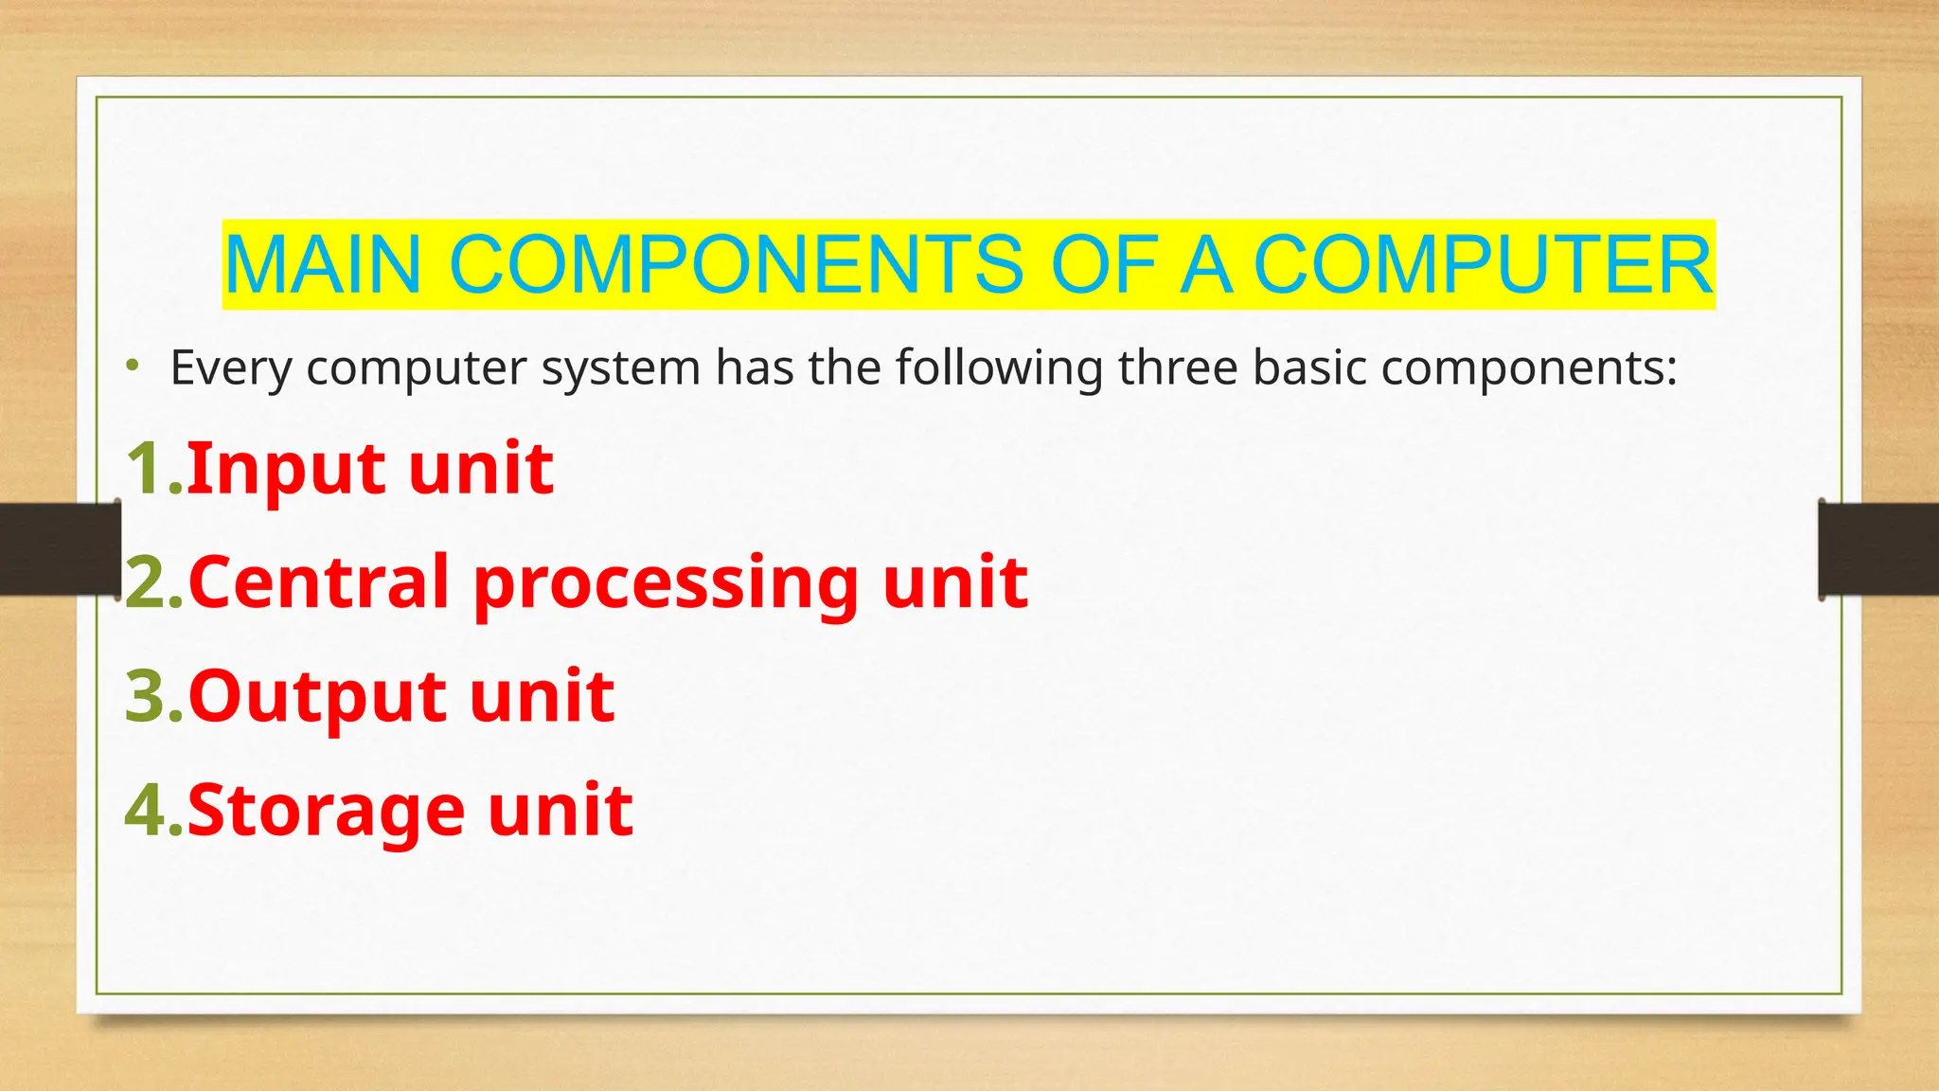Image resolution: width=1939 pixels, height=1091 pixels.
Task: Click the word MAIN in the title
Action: click(x=323, y=264)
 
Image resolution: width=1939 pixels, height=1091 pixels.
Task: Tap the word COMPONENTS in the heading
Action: click(x=736, y=264)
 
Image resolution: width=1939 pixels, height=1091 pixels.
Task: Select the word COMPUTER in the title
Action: click(x=1483, y=264)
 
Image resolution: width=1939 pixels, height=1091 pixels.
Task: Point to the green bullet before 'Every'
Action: click(x=134, y=366)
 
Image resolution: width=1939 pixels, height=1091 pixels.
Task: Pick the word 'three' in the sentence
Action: click(x=1178, y=367)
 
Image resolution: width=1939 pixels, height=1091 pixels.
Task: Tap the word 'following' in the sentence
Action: click(x=1000, y=368)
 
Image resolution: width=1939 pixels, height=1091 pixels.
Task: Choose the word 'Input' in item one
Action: click(x=285, y=470)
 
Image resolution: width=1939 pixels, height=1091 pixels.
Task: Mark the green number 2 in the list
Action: click(x=148, y=582)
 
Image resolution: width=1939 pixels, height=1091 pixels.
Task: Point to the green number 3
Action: click(x=148, y=696)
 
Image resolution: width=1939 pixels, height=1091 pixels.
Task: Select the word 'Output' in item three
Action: click(x=316, y=697)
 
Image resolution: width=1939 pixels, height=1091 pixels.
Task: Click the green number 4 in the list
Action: click(x=148, y=811)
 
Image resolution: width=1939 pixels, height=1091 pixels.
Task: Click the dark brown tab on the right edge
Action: click(x=1878, y=549)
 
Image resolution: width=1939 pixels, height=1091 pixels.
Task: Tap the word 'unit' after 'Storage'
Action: click(x=560, y=811)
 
